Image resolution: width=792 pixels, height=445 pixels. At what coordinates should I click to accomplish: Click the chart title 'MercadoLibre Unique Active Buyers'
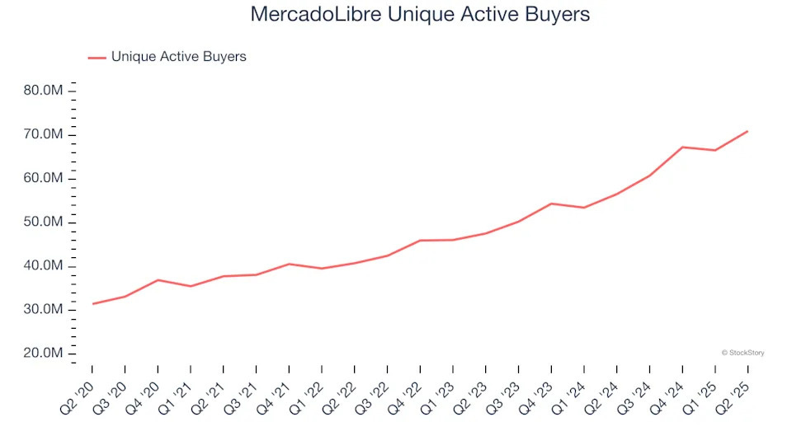pos(421,15)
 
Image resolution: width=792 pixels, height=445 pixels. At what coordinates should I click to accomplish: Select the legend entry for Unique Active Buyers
pos(178,57)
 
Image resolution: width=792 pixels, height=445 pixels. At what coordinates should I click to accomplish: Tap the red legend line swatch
pos(97,58)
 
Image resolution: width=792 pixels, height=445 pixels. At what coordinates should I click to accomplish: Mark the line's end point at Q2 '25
pos(747,131)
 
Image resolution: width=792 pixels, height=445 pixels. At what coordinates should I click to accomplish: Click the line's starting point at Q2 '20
pos(92,304)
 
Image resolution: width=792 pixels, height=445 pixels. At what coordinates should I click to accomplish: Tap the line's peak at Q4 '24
pos(682,147)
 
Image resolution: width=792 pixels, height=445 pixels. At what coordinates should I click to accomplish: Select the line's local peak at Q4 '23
pos(551,204)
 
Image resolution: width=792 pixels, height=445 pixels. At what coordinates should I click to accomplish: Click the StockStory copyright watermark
pos(742,353)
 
